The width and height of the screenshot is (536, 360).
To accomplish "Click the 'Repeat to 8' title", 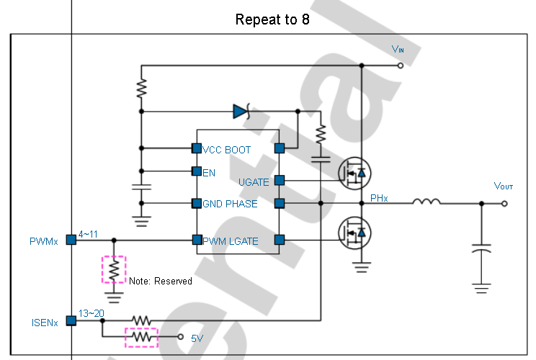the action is coord(272,19).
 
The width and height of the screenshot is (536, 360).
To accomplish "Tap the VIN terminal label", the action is coord(398,49).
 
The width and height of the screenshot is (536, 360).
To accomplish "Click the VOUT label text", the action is coord(503,186).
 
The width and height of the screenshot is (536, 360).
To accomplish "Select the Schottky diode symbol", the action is coord(241,112).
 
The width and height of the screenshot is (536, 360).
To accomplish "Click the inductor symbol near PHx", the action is coord(426,202).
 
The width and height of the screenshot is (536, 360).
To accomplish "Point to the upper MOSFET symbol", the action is coord(354,174).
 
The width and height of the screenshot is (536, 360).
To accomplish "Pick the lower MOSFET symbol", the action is coord(354,233).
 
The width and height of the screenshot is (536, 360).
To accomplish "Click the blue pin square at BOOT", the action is coord(280,148).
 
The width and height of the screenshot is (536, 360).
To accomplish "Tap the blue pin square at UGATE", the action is coord(280,180).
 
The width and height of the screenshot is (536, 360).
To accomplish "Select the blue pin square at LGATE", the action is coord(280,240).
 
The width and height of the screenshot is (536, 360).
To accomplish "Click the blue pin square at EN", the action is coord(197,171).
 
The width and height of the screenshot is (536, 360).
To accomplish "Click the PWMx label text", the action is coord(44,241).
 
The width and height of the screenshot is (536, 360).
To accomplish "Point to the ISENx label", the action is coord(45,323).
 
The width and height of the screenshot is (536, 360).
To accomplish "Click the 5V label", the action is coord(197,338).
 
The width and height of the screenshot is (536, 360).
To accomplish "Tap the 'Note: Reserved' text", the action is coord(161,281).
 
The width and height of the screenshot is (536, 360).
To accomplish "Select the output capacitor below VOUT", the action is coord(481,248).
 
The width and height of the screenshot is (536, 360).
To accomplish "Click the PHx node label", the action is coord(379,198).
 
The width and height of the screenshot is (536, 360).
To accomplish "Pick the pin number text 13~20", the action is coord(91,313).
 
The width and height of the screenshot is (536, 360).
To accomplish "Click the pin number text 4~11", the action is coord(88,234).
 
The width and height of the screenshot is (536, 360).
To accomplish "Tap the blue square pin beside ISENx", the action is coord(71,320).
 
